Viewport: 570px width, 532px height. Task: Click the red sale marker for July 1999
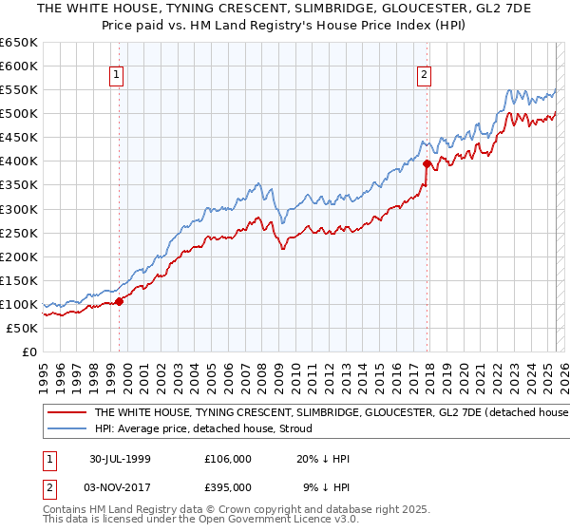120,301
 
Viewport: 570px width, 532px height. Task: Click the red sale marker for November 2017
427,163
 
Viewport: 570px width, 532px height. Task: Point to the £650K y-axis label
19,43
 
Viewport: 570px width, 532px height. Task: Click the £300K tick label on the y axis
19,209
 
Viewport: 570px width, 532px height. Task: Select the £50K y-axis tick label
22,328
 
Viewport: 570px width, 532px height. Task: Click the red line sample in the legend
66,413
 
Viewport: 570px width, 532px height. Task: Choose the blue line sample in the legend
66,428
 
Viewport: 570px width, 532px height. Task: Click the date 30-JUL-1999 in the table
120,459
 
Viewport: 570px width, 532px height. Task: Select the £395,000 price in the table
228,487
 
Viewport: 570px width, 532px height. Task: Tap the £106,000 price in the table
228,459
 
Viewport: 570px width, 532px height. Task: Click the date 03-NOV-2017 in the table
120,487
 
